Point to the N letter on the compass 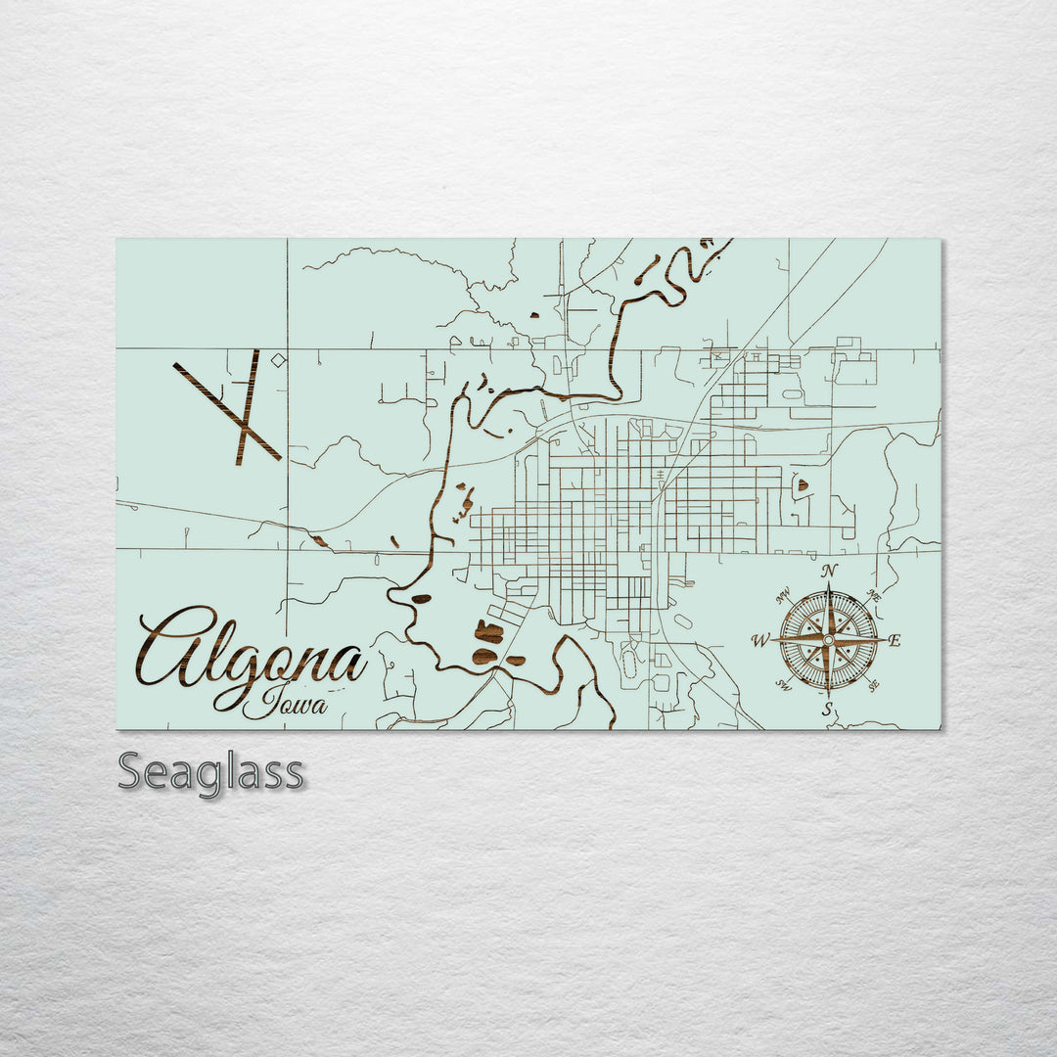coord(829,572)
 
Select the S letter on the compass coord(828,710)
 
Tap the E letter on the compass coord(896,641)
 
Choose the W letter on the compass coord(759,641)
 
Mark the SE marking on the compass coord(873,685)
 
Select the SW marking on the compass coord(783,685)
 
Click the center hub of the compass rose coord(828,640)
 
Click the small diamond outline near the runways coord(278,361)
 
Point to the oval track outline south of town coord(628,663)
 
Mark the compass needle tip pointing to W coord(773,641)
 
